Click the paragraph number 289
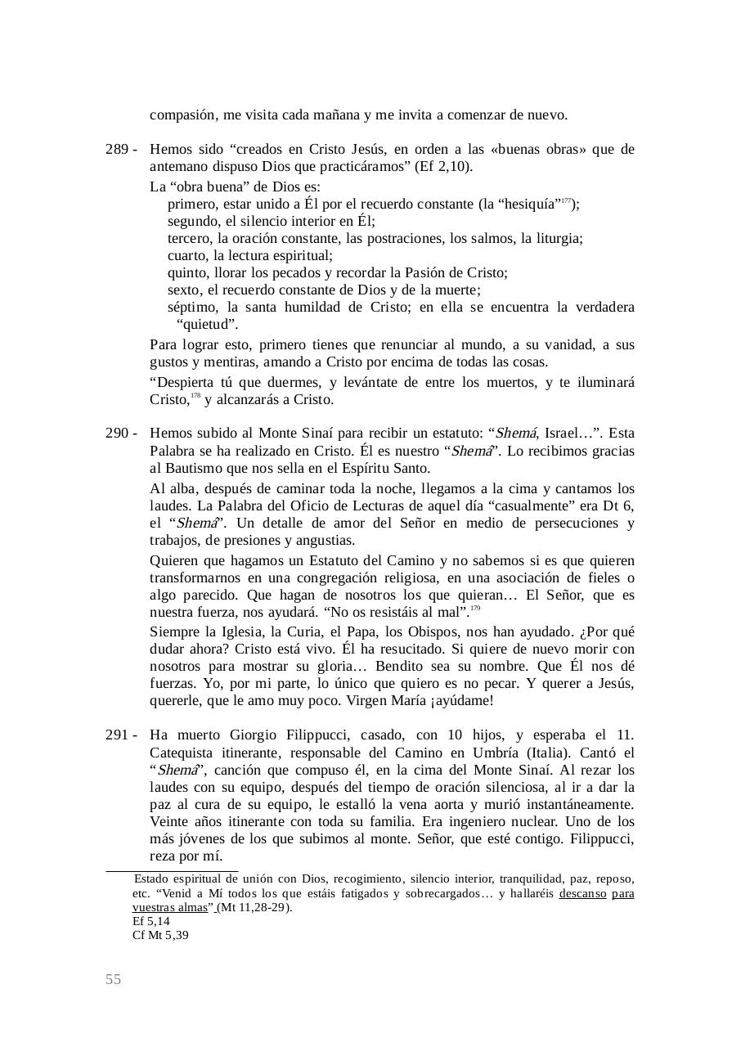[117, 150]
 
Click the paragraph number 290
[117, 434]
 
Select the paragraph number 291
[117, 735]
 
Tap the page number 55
[113, 980]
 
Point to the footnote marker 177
[566, 200]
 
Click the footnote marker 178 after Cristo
[195, 396]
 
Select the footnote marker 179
[475, 609]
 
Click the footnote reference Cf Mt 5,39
[160, 935]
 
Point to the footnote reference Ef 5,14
[151, 921]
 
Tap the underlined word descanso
[582, 894]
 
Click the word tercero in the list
[189, 238]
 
